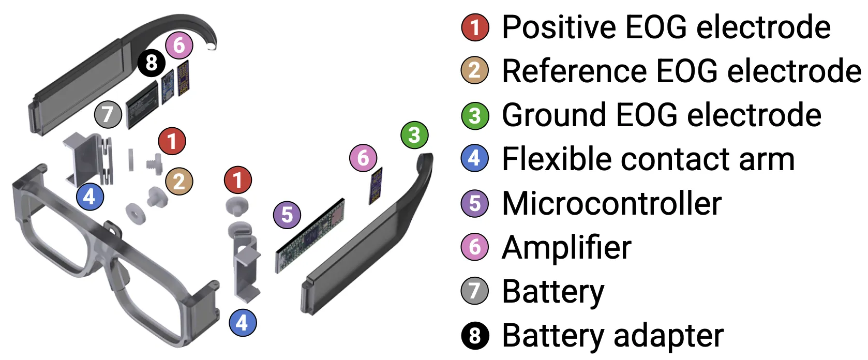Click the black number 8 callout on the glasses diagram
(x=151, y=63)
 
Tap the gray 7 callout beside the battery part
(x=108, y=114)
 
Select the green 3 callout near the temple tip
(x=414, y=135)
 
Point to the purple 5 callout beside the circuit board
(x=287, y=215)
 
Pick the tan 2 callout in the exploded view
(x=179, y=182)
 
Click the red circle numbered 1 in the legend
(x=475, y=27)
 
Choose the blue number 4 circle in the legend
(x=475, y=159)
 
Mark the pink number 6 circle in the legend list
(x=475, y=247)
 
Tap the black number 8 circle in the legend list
(x=475, y=336)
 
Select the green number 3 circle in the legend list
(x=475, y=115)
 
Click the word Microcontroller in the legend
(x=611, y=203)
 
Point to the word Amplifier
(x=566, y=247)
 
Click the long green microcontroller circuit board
(x=309, y=235)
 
